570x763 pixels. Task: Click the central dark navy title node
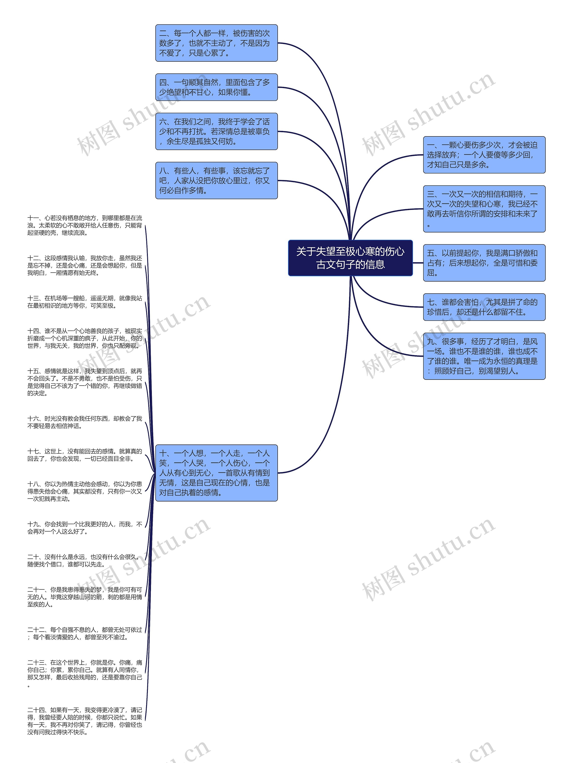click(x=350, y=258)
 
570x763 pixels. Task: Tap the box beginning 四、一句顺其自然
click(x=216, y=87)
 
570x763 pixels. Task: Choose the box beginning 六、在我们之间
click(x=216, y=131)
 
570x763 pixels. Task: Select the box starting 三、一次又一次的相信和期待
click(x=484, y=209)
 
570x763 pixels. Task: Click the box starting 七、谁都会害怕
click(x=484, y=307)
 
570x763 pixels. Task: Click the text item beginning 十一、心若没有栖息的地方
click(x=85, y=225)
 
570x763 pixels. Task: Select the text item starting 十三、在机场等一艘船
click(x=85, y=302)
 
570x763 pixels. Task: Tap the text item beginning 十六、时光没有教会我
click(x=85, y=422)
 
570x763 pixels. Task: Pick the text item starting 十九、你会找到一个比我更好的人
click(x=85, y=528)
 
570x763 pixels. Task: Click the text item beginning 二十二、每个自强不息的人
click(x=85, y=633)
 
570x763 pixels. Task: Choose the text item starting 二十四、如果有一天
click(x=85, y=721)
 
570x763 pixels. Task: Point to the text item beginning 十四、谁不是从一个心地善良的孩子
click(x=85, y=338)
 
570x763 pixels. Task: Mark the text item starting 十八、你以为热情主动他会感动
click(x=85, y=491)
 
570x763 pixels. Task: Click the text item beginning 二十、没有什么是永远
click(x=85, y=560)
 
